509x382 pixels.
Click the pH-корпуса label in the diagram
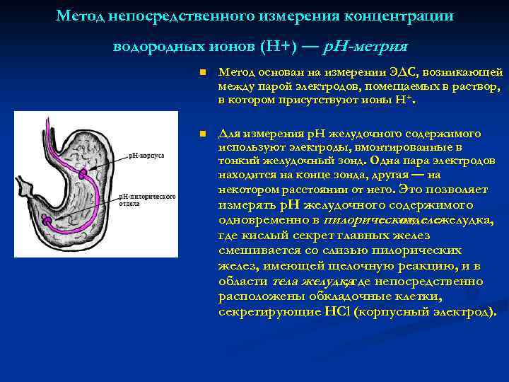click(146, 155)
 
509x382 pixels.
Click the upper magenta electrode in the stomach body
click(83, 173)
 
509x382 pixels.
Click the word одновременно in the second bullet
click(263, 221)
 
